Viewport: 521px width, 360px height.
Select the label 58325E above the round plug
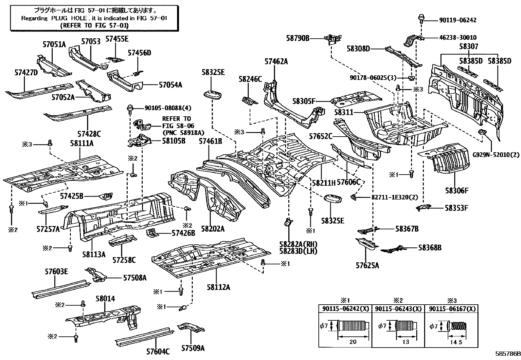click(213, 72)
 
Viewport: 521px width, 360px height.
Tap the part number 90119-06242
click(457, 20)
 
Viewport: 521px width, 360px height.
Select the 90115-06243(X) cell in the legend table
click(398, 309)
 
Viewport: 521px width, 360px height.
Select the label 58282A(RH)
click(298, 244)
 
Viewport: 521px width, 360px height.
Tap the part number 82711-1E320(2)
click(390, 197)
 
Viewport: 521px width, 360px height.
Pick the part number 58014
click(105, 299)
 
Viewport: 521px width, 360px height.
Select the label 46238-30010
click(457, 38)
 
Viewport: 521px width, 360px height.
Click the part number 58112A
click(218, 287)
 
